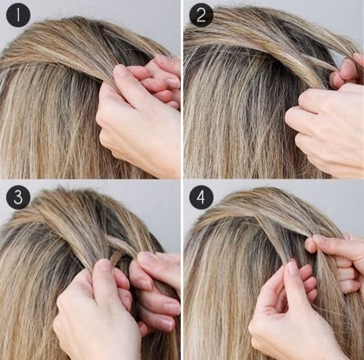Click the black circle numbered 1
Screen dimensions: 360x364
(x=18, y=16)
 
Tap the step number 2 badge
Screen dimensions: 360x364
(x=201, y=16)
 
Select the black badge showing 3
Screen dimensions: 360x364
(x=18, y=198)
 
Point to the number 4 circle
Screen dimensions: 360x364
(x=201, y=198)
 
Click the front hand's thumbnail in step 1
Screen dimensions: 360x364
(x=122, y=71)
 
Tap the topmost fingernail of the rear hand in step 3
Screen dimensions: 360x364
(x=147, y=259)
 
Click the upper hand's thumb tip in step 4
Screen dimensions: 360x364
(x=310, y=244)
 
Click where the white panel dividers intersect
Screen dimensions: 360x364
(x=181, y=180)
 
